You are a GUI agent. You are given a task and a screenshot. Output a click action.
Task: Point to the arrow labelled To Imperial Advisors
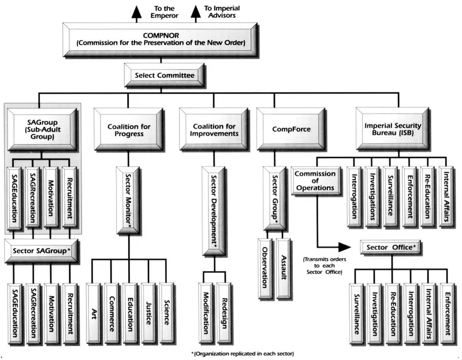[x=194, y=12]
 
